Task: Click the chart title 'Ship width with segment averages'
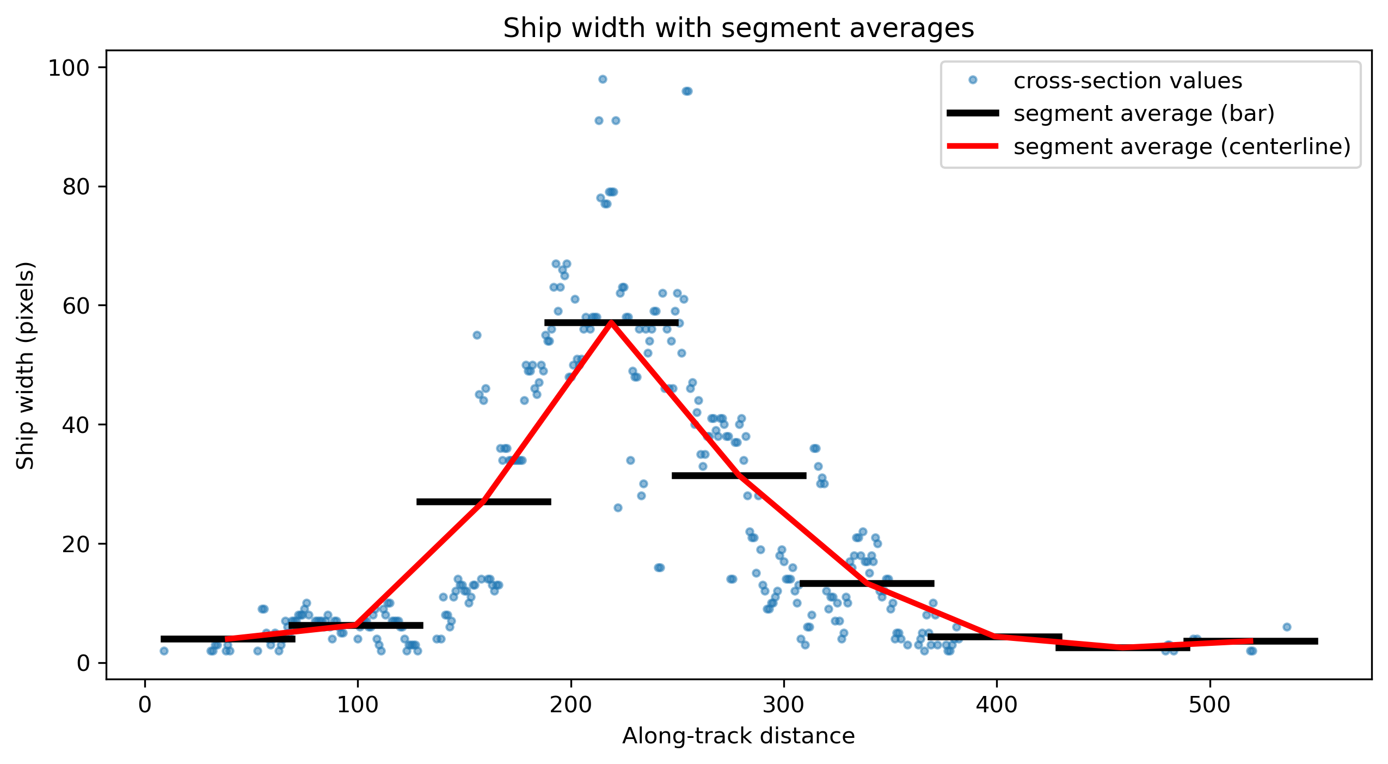[738, 28]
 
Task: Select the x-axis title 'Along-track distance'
[738, 736]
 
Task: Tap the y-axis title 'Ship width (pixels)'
[25, 365]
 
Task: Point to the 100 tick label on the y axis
[69, 68]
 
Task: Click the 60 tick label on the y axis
[76, 306]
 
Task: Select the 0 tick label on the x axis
[145, 705]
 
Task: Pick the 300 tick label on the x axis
[784, 705]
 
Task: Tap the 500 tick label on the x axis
[1209, 705]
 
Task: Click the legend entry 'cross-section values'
[1128, 81]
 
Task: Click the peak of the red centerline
[611, 322]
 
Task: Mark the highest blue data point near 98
[603, 79]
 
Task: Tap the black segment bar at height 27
[484, 502]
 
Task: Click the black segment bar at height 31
[739, 475]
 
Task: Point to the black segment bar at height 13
[867, 583]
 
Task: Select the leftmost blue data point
[164, 651]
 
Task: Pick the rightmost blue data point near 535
[1287, 627]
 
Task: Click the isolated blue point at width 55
[477, 335]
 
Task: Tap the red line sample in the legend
[973, 146]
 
